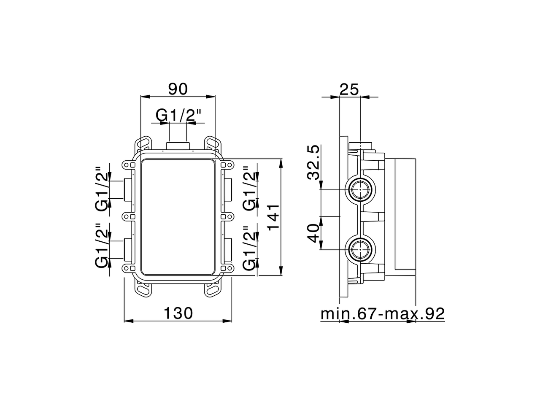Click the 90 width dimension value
pos(178,89)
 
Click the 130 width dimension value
pos(178,313)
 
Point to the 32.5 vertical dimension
pos(313,162)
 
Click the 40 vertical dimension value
pos(313,233)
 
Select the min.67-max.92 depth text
pos(383,314)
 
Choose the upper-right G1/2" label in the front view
pos(249,189)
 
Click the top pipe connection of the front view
pos(178,146)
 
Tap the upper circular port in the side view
pos(360,190)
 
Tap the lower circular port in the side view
pos(360,249)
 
